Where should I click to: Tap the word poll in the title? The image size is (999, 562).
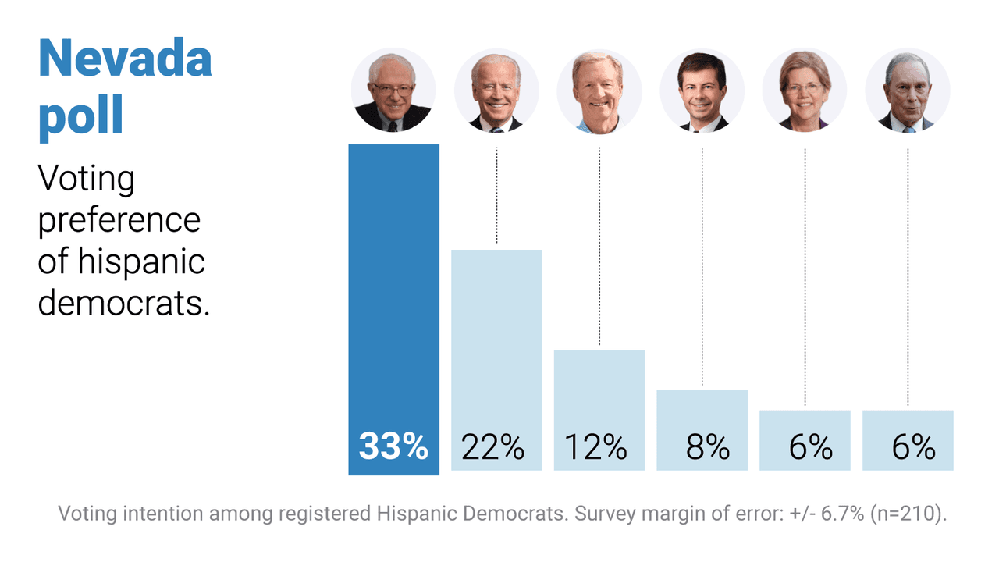[x=81, y=116]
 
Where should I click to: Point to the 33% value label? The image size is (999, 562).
[x=393, y=447]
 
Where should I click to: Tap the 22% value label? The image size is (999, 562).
[x=492, y=447]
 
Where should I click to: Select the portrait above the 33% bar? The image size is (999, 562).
[x=393, y=90]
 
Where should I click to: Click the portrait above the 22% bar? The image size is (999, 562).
[x=496, y=90]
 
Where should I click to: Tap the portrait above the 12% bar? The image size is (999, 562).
[x=599, y=90]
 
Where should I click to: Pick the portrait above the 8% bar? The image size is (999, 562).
[x=702, y=90]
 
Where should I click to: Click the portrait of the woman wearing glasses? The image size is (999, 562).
[x=805, y=90]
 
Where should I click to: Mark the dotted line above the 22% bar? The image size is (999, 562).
[x=496, y=195]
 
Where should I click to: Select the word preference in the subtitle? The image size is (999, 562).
[x=119, y=220]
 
